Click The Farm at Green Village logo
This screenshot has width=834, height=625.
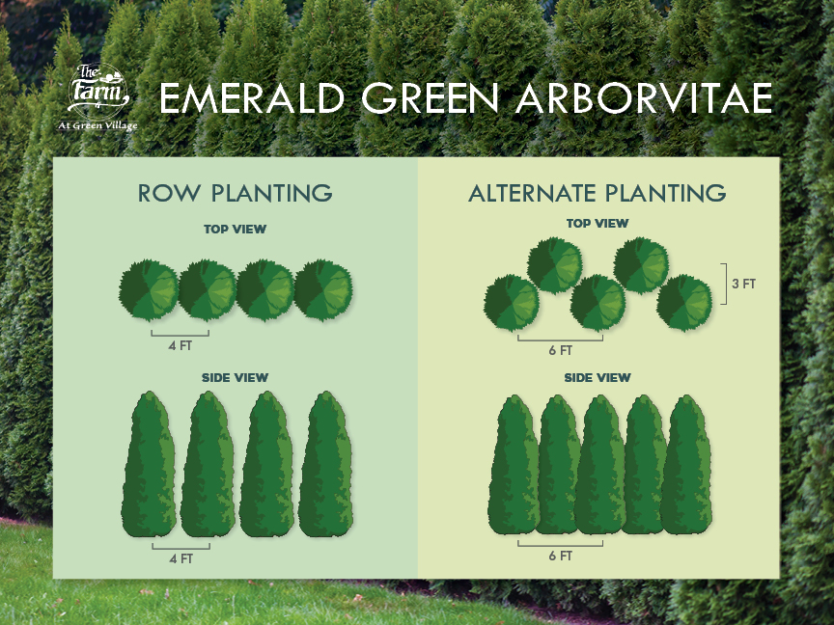97,96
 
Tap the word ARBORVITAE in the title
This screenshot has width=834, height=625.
644,98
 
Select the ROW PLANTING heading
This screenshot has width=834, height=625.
236,193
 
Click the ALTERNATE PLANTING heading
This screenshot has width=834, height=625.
598,193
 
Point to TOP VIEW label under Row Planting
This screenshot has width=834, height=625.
236,229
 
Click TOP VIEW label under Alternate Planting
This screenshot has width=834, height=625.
598,223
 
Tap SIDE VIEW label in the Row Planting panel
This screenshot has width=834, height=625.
236,378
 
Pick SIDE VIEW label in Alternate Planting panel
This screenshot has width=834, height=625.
598,378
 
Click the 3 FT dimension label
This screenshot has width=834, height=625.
743,284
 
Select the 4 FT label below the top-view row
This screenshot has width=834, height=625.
181,346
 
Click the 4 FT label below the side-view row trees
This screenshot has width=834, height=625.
181,559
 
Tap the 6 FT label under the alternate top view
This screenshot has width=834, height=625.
561,351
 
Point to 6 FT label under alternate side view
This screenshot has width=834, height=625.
561,557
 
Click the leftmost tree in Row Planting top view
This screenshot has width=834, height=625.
149,290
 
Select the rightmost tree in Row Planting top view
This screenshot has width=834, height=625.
323,290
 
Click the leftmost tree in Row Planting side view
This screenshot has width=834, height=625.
149,465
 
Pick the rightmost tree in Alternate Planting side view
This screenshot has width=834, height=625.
686,465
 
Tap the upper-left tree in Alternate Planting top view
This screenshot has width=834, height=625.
555,265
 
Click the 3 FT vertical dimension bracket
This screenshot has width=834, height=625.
726,284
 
